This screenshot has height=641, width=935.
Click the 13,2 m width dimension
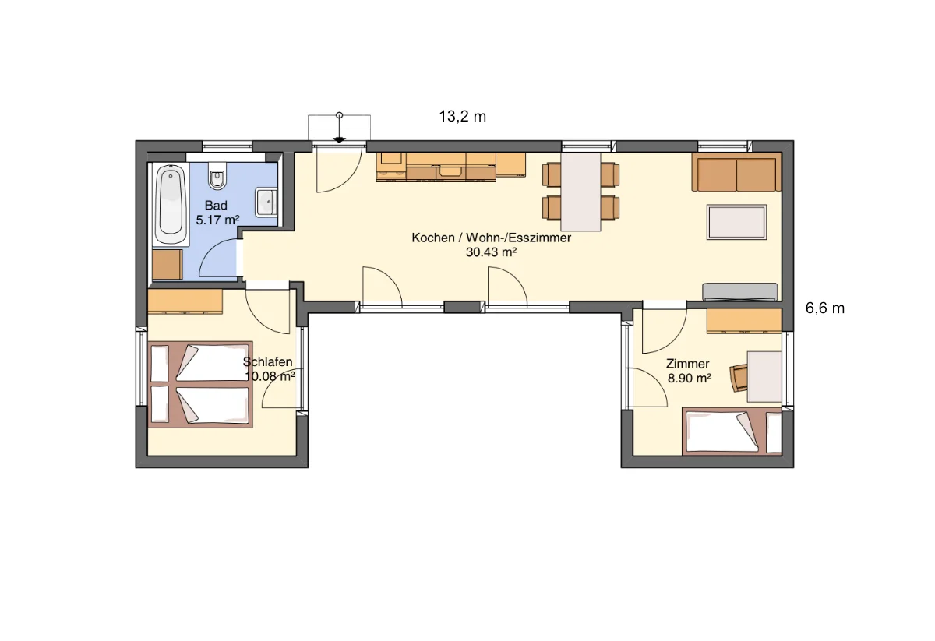(463, 117)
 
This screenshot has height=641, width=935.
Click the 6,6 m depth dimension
(825, 308)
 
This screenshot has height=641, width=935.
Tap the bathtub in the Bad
(171, 205)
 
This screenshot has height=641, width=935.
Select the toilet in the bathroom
(217, 176)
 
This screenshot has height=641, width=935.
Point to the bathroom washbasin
(266, 203)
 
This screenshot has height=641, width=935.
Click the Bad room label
(216, 206)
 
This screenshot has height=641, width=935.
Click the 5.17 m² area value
(217, 220)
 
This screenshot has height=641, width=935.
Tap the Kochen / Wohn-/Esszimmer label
(492, 238)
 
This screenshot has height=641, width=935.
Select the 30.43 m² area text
(492, 252)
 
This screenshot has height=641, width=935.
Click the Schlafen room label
(267, 362)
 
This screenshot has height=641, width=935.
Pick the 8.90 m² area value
(689, 378)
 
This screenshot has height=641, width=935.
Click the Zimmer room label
(687, 364)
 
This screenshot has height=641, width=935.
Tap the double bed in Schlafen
(200, 384)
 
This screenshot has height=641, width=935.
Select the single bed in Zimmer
(732, 431)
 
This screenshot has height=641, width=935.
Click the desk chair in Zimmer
(738, 378)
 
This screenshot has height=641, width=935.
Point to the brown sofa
(736, 172)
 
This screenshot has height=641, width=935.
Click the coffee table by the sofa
(737, 222)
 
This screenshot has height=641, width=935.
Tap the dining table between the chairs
(580, 192)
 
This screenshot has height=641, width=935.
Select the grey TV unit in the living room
(739, 292)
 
